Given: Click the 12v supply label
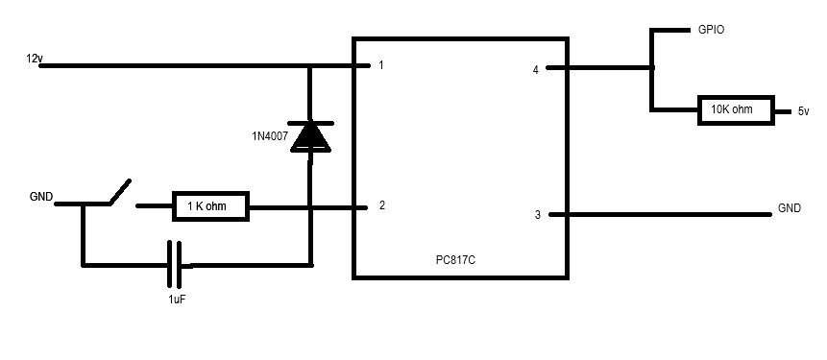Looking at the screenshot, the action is coord(35,59).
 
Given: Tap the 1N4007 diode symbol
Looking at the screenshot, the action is coord(311,137).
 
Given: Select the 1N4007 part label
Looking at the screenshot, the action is coord(270,136).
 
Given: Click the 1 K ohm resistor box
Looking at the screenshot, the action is coord(210,206).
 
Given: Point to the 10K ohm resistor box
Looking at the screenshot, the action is coord(736,110).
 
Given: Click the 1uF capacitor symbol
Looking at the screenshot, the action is coord(175,265).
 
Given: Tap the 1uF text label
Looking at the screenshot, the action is coord(177,300).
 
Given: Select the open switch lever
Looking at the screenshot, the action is coord(120,191).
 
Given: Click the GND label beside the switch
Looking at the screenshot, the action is coord(41,197).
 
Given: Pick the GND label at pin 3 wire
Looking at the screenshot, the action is coord(790,208).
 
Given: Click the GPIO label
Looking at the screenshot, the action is coord(711,30).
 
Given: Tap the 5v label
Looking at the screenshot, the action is coord(803,111).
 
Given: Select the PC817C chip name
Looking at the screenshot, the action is coord(455,260).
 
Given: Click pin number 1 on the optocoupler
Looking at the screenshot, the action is coord(380,65).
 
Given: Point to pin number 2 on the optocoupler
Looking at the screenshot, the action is coord(382,205).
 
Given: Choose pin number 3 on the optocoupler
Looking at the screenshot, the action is coord(538,214).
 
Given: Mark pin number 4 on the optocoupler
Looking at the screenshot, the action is coord(536,69).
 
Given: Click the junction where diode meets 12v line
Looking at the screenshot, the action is coord(310,66).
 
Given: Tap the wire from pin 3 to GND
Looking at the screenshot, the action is coord(660,214).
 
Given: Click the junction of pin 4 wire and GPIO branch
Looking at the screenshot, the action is coord(652,67).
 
